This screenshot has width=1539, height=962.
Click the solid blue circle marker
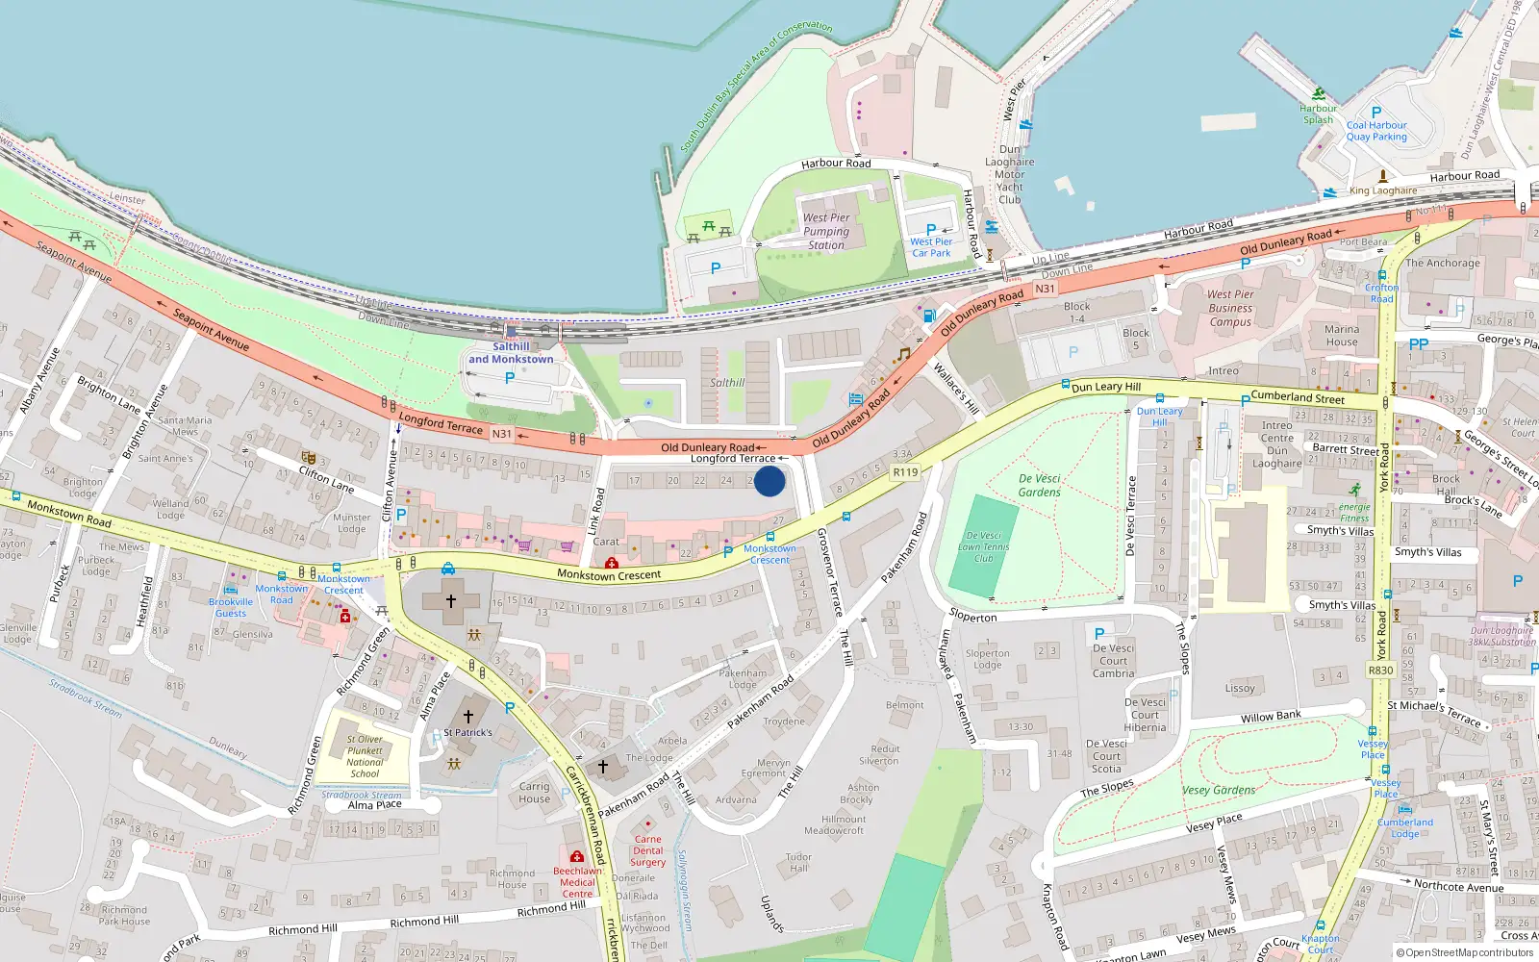(769, 481)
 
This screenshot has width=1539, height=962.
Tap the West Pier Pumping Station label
(826, 231)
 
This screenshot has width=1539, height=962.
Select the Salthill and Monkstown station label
(511, 353)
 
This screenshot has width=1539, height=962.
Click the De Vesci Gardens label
(1039, 485)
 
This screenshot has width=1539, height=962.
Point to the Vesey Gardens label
(1219, 790)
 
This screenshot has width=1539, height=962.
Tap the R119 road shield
(905, 472)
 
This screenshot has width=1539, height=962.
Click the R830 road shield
(1380, 671)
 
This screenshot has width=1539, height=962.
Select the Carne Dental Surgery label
(647, 850)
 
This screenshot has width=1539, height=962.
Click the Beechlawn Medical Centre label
(577, 881)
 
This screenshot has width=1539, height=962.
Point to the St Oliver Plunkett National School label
(365, 756)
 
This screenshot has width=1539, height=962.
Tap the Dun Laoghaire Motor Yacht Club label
(1009, 174)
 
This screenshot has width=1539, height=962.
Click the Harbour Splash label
(1318, 114)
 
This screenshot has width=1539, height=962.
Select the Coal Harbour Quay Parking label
(1376, 131)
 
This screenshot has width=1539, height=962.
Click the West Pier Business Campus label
(1230, 308)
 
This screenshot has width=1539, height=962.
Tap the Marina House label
(1342, 335)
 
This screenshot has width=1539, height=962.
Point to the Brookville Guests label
(231, 607)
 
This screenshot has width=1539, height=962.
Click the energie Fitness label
(1354, 512)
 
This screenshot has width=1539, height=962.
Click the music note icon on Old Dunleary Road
(902, 355)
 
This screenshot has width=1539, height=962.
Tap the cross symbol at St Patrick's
(468, 716)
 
